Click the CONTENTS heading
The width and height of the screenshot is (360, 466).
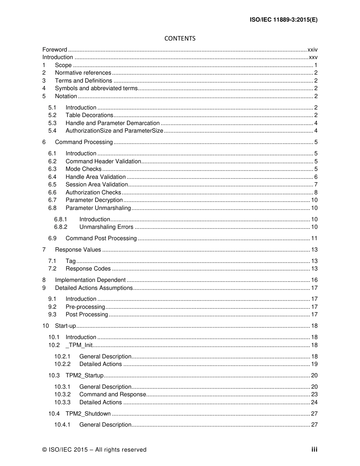click(x=180, y=38)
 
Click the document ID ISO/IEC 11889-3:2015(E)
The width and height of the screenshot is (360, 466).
click(x=283, y=20)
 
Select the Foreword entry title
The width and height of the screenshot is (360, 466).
click(x=55, y=50)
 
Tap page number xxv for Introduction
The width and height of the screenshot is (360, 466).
click(x=313, y=57)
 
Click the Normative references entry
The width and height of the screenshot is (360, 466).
click(x=83, y=73)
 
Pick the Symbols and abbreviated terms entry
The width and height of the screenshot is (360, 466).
click(x=96, y=88)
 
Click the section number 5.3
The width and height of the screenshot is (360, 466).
click(x=52, y=123)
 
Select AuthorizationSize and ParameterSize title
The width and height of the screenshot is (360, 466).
click(x=114, y=131)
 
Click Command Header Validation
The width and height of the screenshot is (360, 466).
click(x=103, y=161)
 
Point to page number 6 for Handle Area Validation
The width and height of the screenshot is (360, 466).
click(x=316, y=177)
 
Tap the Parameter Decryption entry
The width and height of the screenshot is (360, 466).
click(x=94, y=200)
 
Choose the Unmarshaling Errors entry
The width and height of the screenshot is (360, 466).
click(x=106, y=227)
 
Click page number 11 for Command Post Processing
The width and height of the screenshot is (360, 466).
click(x=314, y=238)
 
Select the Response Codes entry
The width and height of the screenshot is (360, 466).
click(x=88, y=269)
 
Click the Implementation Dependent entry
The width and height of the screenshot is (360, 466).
click(x=90, y=280)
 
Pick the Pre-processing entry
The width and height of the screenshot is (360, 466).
click(x=85, y=307)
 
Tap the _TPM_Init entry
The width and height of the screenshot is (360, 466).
click(x=79, y=345)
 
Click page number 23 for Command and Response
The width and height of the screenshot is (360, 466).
click(x=314, y=394)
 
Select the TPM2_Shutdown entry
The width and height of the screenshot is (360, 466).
click(x=88, y=414)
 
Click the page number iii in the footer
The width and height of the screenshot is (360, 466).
click(x=315, y=450)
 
